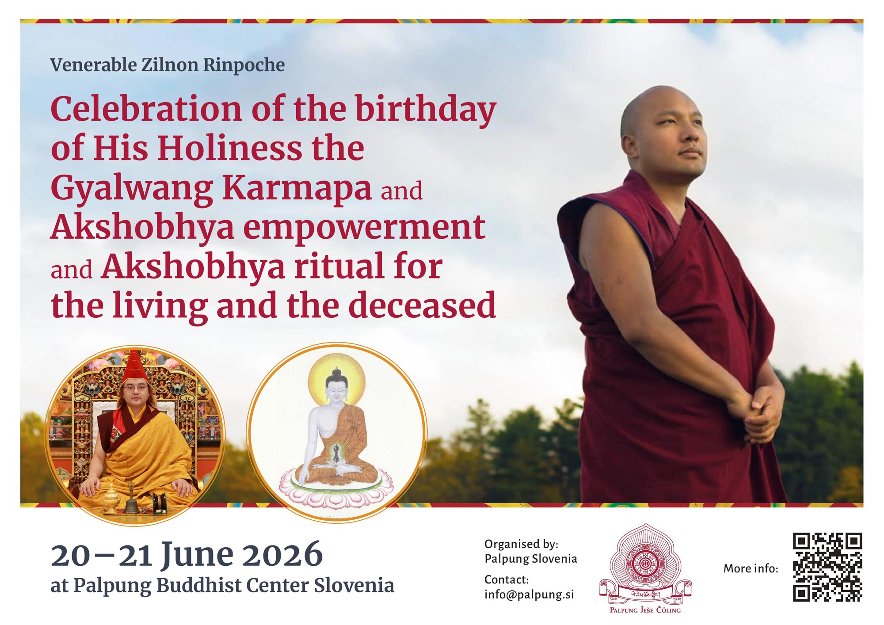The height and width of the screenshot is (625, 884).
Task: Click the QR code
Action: coord(827,567)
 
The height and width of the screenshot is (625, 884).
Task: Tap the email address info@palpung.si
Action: coord(529,594)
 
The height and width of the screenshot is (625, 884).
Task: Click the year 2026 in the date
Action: coord(282,554)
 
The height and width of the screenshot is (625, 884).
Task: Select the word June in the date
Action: coord(197,554)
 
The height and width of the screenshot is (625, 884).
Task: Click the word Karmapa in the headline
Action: coord(297,188)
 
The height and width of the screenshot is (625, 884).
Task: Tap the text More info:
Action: coord(751,568)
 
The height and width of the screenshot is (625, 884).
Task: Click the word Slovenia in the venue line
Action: coord(354,585)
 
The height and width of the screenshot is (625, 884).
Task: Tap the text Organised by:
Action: coord(521,544)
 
